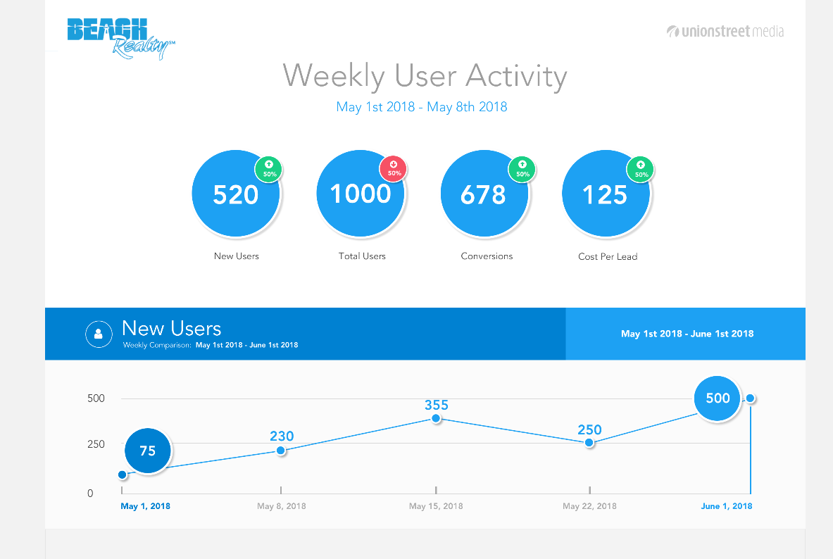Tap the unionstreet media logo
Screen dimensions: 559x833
click(725, 31)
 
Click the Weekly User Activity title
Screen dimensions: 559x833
click(425, 76)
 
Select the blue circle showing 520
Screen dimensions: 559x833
click(236, 194)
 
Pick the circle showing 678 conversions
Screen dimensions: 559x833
click(484, 194)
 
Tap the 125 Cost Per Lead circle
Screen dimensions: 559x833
click(606, 194)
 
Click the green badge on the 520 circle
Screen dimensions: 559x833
click(268, 169)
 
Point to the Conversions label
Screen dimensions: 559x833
click(487, 256)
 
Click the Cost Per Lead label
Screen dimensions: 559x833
click(608, 257)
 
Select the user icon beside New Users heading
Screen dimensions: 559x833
click(99, 334)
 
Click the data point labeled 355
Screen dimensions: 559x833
click(436, 418)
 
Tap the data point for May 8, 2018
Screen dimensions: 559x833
click(281, 451)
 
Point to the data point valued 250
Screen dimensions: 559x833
click(589, 443)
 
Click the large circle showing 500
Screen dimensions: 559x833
click(718, 398)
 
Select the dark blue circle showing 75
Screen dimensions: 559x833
click(148, 451)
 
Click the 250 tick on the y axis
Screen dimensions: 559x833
click(96, 444)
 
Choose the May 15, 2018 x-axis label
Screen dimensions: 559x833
click(436, 506)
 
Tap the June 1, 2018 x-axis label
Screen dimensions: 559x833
click(727, 506)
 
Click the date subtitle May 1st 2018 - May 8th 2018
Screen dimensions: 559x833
click(422, 107)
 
